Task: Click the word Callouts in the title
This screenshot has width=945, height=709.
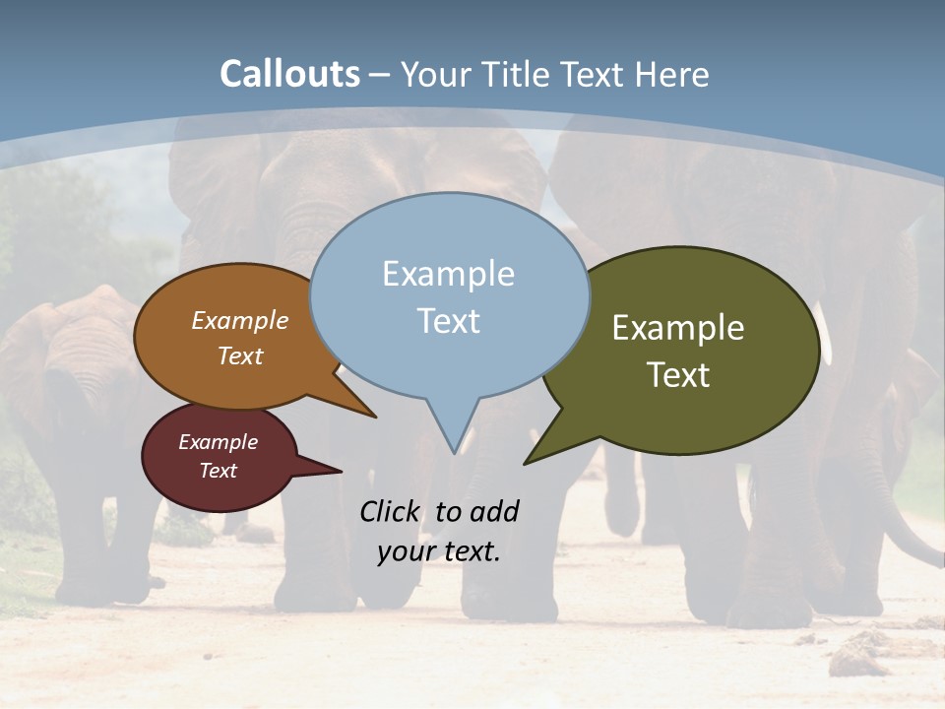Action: (x=289, y=74)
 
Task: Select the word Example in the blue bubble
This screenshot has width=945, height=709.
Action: (x=448, y=274)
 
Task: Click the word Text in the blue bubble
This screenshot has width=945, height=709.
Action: (x=448, y=321)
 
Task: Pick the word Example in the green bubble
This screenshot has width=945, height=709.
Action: (x=678, y=328)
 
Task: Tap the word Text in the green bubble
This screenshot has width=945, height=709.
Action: (x=678, y=375)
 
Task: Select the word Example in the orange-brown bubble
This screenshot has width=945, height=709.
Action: (x=240, y=321)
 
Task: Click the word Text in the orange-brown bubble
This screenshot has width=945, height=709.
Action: (x=240, y=356)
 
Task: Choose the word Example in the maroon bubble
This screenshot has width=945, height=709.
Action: (x=219, y=442)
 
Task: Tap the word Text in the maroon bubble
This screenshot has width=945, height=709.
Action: (x=219, y=471)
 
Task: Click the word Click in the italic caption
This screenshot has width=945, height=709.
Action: (x=389, y=512)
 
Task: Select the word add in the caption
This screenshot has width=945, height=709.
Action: (x=493, y=512)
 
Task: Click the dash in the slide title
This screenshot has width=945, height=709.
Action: (x=380, y=75)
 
